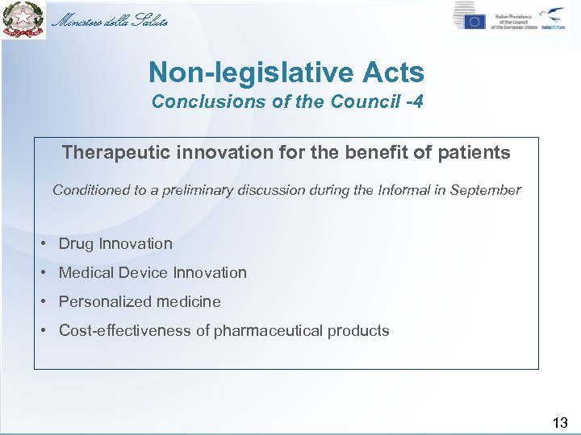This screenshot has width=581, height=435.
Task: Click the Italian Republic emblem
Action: [22, 20]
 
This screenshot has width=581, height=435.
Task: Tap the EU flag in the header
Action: [474, 22]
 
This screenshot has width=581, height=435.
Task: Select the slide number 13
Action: [560, 422]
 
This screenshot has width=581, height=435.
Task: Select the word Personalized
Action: [106, 302]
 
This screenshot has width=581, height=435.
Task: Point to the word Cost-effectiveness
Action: [126, 331]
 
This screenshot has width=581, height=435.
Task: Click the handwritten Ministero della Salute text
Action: [110, 21]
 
